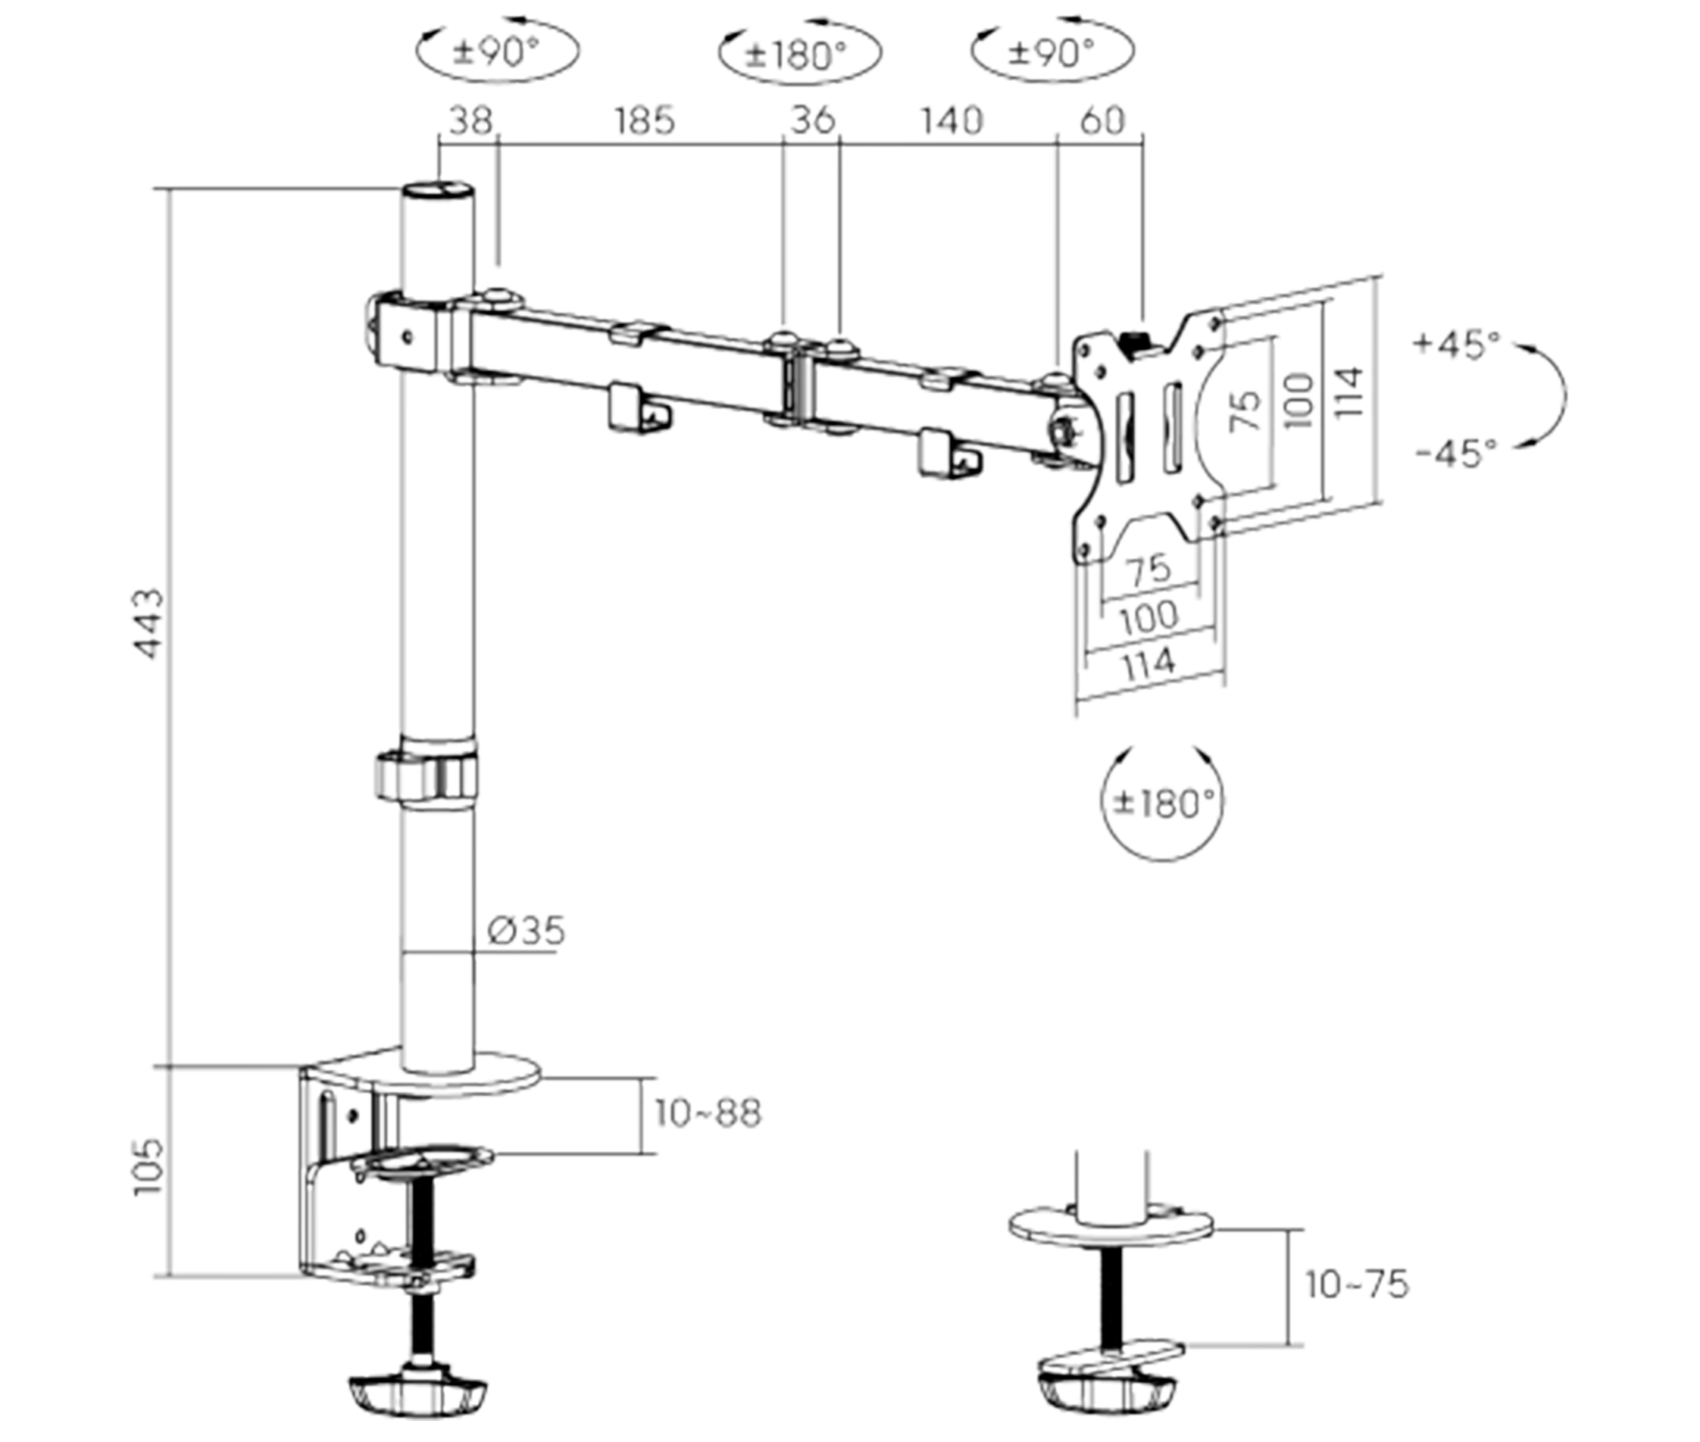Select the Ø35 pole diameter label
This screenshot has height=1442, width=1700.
[x=526, y=930]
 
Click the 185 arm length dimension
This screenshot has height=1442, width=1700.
[x=645, y=121]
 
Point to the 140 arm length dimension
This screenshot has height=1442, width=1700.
[x=951, y=121]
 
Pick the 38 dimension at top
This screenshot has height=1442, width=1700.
[x=471, y=121]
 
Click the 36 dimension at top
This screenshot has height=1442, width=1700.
[x=813, y=120]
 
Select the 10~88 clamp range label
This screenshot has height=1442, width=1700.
[x=708, y=1113]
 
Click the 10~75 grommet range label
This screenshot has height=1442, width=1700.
[x=1357, y=1284]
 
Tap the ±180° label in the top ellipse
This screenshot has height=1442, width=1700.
[x=799, y=54]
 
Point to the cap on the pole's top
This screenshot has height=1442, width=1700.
[x=439, y=193]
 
